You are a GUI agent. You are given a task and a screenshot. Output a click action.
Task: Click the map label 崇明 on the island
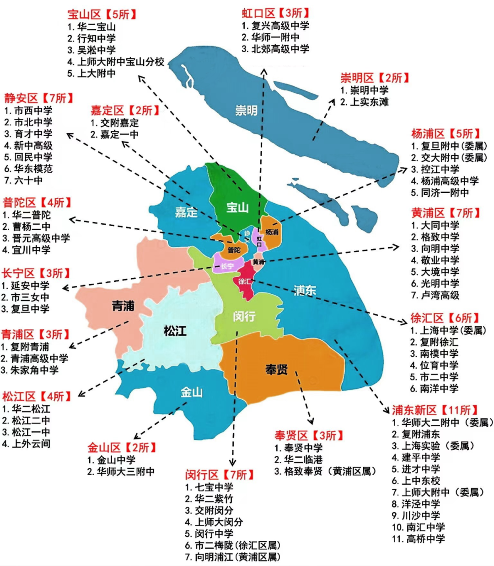pyautogui.click(x=246, y=110)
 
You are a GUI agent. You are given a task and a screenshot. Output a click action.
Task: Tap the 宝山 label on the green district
pyautogui.click(x=237, y=208)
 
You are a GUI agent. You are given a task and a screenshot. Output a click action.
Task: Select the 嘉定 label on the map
pyautogui.click(x=186, y=212)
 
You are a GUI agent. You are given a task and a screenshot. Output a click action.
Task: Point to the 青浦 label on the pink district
pyautogui.click(x=123, y=306)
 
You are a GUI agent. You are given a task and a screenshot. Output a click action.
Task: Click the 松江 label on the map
pyautogui.click(x=175, y=330)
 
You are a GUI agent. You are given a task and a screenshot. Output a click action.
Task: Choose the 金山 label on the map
pyautogui.click(x=192, y=392)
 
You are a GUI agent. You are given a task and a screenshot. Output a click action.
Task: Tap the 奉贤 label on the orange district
pyautogui.click(x=277, y=369)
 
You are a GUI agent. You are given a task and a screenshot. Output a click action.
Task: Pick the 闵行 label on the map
pyautogui.click(x=244, y=316)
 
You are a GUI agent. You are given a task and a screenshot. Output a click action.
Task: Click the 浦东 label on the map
pyautogui.click(x=305, y=290)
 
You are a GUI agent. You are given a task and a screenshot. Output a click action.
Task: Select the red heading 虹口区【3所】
pyautogui.click(x=276, y=13)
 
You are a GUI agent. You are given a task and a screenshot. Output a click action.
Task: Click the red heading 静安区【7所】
pyautogui.click(x=39, y=98)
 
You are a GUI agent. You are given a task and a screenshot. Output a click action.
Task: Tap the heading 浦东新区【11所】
pyautogui.click(x=435, y=410)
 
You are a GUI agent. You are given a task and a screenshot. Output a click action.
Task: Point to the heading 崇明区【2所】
pyautogui.click(x=375, y=78)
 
